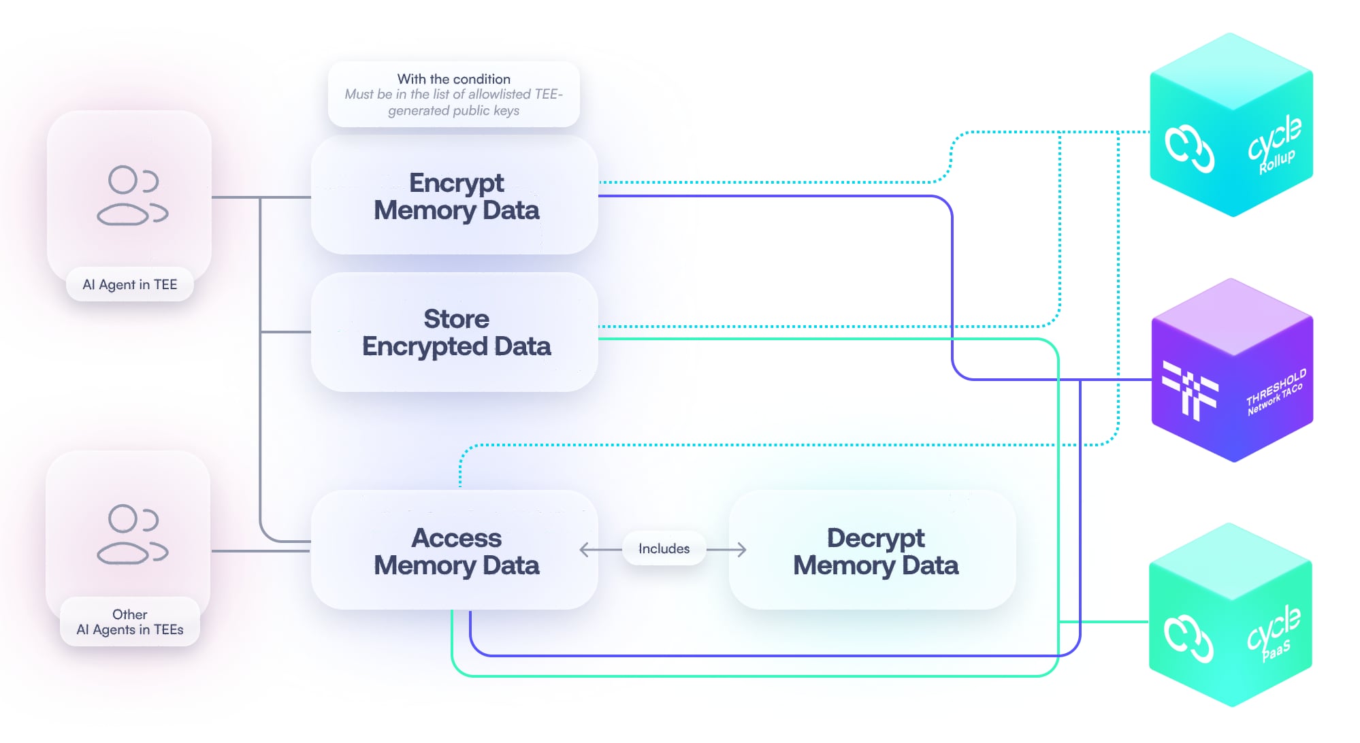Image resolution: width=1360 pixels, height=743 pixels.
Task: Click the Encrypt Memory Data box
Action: (455, 196)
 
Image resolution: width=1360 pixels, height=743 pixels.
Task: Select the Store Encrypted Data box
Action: (455, 332)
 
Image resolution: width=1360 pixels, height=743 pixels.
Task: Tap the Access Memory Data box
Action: (455, 551)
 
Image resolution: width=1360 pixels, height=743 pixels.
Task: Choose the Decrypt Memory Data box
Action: (874, 551)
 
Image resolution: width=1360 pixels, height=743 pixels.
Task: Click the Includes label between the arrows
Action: (664, 548)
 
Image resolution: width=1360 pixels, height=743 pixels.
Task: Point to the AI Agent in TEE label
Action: (129, 284)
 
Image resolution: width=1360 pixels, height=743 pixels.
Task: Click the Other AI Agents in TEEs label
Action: (129, 622)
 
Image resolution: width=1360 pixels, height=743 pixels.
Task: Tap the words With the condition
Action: (453, 79)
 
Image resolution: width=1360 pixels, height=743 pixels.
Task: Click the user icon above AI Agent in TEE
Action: (132, 195)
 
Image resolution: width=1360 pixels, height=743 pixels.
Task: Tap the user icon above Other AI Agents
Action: (132, 534)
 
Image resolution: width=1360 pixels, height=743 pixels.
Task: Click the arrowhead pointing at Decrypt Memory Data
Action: (742, 549)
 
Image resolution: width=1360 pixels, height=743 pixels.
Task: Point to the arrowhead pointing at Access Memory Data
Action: (584, 549)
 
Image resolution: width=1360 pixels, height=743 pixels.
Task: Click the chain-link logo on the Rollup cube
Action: (1188, 148)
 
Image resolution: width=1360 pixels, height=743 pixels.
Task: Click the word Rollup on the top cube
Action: (1277, 162)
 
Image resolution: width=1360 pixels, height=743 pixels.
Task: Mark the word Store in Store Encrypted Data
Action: (456, 318)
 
